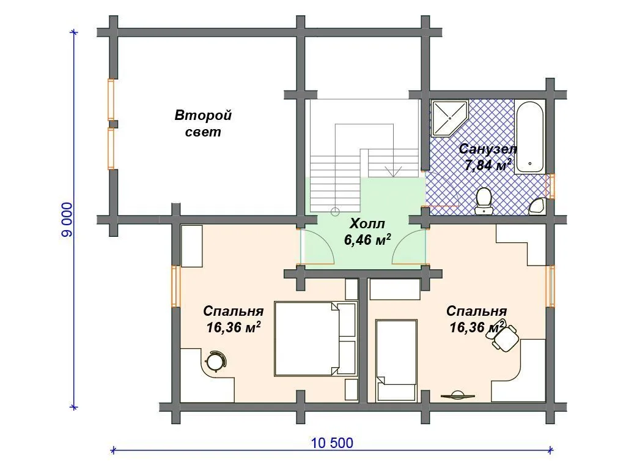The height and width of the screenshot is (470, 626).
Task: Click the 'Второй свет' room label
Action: [203, 124]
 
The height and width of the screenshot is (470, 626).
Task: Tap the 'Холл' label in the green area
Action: [367, 223]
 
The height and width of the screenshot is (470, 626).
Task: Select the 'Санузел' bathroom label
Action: [488, 149]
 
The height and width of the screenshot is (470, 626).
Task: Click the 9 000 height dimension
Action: [67, 220]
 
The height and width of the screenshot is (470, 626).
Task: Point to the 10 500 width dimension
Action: [332, 443]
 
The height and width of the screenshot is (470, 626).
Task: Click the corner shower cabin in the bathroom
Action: [448, 117]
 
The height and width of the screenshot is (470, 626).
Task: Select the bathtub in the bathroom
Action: [529, 136]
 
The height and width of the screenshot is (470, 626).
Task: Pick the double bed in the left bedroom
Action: [315, 338]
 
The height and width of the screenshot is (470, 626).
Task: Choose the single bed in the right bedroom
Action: [397, 360]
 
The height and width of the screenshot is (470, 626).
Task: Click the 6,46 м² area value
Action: [367, 239]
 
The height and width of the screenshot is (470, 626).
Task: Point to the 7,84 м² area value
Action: [488, 165]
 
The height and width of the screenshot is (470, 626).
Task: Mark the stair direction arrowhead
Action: [394, 171]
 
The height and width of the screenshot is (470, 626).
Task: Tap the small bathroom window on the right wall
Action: [552, 186]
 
